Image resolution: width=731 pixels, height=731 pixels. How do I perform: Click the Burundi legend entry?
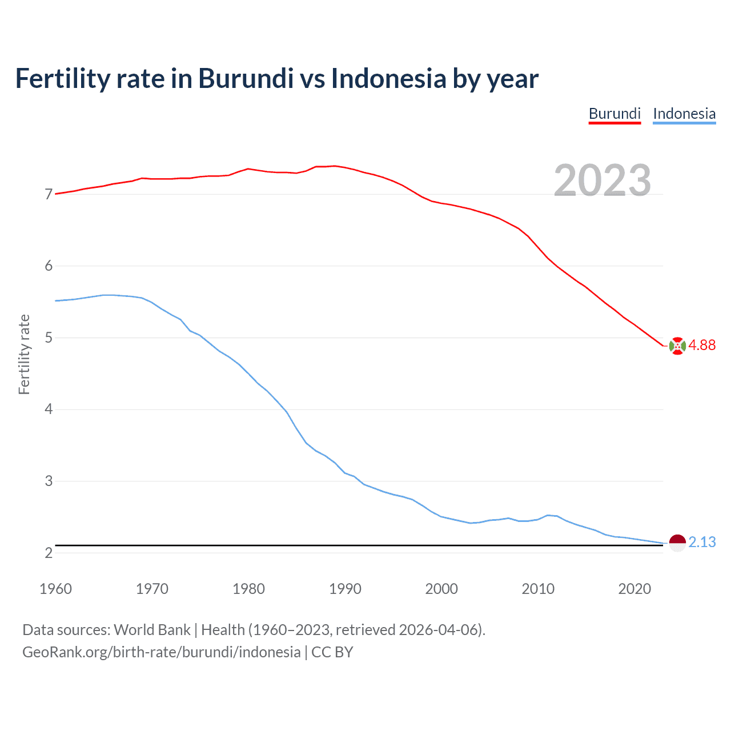pyautogui.click(x=614, y=114)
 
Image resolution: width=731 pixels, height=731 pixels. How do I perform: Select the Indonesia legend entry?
pyautogui.click(x=684, y=114)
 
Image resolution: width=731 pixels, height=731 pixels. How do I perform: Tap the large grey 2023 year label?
pyautogui.click(x=602, y=180)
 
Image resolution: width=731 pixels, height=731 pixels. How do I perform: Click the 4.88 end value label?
pyautogui.click(x=702, y=345)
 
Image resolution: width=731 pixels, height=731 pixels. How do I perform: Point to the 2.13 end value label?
pyautogui.click(x=702, y=542)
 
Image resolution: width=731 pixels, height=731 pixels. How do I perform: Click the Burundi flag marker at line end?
pyautogui.click(x=677, y=346)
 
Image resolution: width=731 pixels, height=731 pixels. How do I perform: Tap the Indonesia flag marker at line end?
pyautogui.click(x=677, y=543)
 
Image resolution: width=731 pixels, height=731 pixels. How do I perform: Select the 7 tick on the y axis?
pyautogui.click(x=49, y=195)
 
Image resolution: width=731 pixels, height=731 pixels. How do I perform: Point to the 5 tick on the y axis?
pyautogui.click(x=49, y=338)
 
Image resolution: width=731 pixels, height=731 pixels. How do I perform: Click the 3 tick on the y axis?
pyautogui.click(x=49, y=481)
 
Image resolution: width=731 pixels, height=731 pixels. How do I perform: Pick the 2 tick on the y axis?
pyautogui.click(x=49, y=553)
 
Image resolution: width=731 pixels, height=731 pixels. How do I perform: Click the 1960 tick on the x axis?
pyautogui.click(x=55, y=589)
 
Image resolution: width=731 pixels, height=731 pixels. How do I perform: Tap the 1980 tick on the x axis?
pyautogui.click(x=248, y=589)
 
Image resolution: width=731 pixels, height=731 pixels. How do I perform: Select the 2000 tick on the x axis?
pyautogui.click(x=441, y=589)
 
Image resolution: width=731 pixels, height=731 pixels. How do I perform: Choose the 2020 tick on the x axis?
pyautogui.click(x=634, y=589)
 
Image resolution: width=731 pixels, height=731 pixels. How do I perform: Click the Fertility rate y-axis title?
pyautogui.click(x=24, y=354)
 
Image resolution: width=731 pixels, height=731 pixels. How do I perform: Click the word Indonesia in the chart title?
pyautogui.click(x=388, y=78)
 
